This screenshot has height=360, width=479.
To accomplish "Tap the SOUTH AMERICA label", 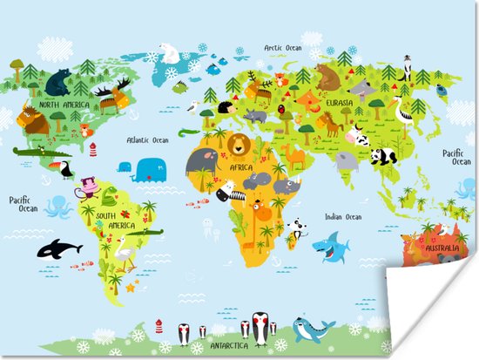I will [115, 220].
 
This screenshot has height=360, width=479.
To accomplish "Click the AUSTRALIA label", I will [442, 247].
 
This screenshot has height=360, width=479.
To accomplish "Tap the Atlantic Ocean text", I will [147, 139].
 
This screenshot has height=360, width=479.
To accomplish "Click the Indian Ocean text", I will [342, 216].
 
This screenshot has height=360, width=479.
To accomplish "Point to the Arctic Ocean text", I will [284, 49].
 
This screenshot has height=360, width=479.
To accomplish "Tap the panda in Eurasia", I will [382, 155].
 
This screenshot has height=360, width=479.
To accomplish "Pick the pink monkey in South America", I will [87, 189].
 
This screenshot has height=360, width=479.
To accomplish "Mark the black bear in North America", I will [58, 82].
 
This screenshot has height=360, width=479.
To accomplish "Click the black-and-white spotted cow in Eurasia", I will [357, 137].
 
